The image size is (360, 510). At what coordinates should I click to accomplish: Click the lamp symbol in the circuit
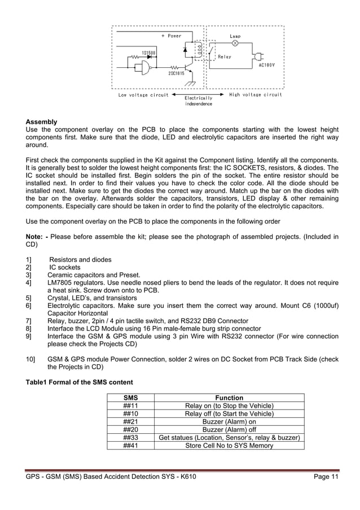tap(236, 43)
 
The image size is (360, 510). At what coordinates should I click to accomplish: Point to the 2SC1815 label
tap(176, 73)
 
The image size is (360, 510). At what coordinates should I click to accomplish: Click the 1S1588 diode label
tap(148, 53)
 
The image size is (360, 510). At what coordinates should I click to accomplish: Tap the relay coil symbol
tap(199, 51)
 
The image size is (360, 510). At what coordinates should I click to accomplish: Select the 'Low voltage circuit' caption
tap(143, 95)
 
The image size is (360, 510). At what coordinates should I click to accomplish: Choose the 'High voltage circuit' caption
tap(256, 95)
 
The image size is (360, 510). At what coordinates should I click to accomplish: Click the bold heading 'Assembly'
tap(41, 122)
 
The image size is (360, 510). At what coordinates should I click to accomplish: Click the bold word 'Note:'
tap(36, 237)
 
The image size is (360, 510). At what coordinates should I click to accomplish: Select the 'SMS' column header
tap(130, 398)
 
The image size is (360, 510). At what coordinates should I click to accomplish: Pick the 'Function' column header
tap(229, 398)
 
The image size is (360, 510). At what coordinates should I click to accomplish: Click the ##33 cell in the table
tap(130, 437)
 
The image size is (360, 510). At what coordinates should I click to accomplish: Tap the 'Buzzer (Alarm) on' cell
tap(229, 421)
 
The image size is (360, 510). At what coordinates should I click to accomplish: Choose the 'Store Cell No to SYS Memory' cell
tap(229, 445)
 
